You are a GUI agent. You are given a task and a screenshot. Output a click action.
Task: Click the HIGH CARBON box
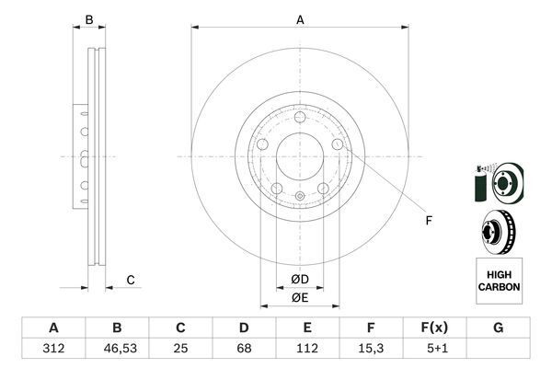499,281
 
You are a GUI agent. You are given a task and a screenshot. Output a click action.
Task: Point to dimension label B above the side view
89,19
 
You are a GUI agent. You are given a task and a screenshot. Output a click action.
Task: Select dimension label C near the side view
131,280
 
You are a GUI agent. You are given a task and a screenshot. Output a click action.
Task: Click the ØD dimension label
300,279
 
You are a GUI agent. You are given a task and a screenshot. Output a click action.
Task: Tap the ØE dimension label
300,296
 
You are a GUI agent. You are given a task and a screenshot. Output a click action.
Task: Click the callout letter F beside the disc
428,220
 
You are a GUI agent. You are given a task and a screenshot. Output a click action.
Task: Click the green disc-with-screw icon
498,183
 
